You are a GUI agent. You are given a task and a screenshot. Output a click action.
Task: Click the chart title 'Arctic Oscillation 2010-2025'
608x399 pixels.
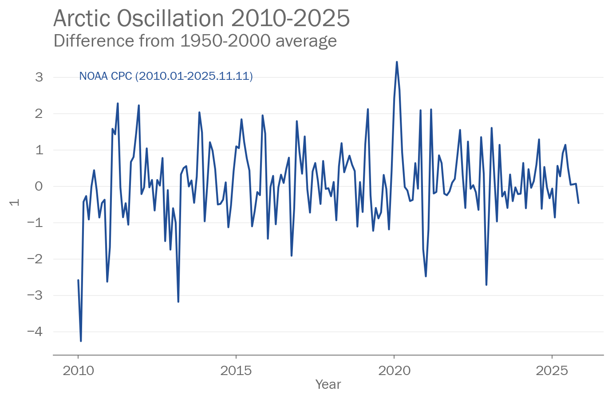pos(201,19)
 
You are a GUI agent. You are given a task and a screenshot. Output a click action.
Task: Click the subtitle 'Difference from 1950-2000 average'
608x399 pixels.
pos(195,41)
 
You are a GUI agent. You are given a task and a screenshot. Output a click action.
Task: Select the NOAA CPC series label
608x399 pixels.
pos(166,76)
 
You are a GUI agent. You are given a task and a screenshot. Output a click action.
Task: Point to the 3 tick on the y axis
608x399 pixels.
pos(39,77)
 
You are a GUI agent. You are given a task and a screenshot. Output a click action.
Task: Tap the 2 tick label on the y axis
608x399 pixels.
pos(39,113)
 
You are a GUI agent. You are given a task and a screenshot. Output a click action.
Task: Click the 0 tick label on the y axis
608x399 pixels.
pos(39,186)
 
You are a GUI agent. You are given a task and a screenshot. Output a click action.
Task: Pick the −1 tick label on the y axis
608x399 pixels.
pos(36,223)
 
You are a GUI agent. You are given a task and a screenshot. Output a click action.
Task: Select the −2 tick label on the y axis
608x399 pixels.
pos(36,259)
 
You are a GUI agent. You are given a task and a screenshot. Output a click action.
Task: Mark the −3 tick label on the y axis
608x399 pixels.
pos(36,295)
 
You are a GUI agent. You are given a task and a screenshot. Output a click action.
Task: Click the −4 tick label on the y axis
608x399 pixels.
pos(36,332)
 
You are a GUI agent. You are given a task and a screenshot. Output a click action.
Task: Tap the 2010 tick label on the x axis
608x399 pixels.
pos(79,371)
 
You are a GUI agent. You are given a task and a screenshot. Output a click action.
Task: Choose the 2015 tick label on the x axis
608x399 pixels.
pos(236,371)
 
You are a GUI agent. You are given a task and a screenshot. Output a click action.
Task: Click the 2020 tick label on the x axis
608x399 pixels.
pos(394,371)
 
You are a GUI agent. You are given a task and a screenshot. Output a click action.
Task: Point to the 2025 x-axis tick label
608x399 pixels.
pos(552,371)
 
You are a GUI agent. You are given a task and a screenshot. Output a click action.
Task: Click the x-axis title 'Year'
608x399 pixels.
pos(328,384)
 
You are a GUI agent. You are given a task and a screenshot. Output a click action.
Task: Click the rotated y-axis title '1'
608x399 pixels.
pos(15,203)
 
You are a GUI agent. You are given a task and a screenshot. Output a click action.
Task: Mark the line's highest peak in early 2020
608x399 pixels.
pos(397,62)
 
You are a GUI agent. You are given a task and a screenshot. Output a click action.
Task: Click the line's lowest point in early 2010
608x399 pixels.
pos(81,341)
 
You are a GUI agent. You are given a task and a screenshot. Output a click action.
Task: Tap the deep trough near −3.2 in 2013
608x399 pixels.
pos(178,302)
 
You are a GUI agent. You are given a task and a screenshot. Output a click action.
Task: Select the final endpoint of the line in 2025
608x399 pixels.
pos(579,203)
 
